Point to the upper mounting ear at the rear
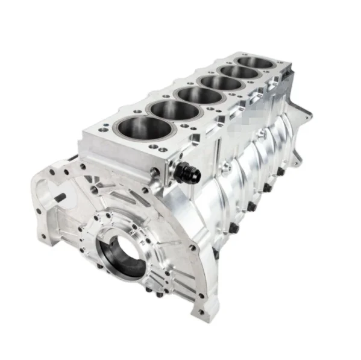(305, 112)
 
